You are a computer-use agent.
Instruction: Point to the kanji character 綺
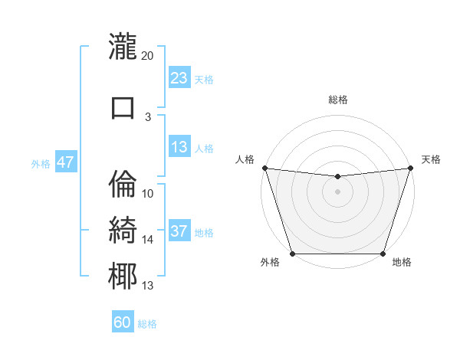tap(123, 231)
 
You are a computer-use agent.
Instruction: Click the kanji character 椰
tap(123, 277)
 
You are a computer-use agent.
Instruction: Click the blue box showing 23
tap(179, 78)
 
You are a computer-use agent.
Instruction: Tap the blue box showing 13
tap(179, 148)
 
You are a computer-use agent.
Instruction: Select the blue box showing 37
tap(179, 232)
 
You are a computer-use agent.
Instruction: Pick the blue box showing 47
tap(65, 162)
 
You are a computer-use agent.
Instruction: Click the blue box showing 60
tap(123, 323)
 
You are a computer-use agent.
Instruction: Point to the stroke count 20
tap(148, 55)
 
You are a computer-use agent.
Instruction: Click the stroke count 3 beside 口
tap(148, 117)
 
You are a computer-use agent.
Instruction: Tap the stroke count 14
tap(148, 240)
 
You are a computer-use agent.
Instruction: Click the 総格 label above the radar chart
tap(338, 100)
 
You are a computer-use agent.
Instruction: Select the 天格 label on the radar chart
tap(431, 159)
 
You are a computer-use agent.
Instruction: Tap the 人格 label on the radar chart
tap(245, 159)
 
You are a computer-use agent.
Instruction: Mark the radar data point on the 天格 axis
tap(410, 168)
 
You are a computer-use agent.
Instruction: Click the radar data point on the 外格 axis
tap(292, 254)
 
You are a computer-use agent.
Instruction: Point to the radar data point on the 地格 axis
tap(383, 254)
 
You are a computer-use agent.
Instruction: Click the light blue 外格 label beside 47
tap(40, 163)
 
